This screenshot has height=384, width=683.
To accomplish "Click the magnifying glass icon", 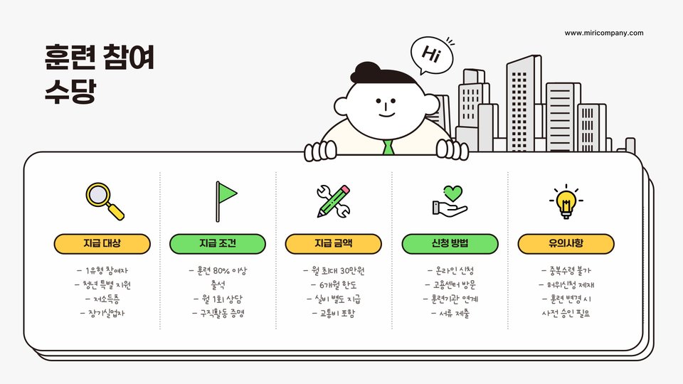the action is (x=104, y=201).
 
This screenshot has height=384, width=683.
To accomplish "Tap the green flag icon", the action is (x=225, y=201).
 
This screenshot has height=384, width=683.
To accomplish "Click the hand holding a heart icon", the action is (x=450, y=201).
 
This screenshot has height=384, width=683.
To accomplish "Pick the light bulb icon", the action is (x=566, y=201).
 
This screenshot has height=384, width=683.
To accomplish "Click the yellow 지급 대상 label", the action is (x=102, y=244).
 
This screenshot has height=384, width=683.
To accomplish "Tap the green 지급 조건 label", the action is (x=218, y=244).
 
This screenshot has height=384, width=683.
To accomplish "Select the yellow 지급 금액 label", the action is (x=334, y=244).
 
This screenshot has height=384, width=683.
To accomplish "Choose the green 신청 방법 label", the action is (x=450, y=244).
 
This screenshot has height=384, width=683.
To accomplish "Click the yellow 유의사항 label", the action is (x=566, y=244).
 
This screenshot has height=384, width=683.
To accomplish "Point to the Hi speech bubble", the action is (x=430, y=55).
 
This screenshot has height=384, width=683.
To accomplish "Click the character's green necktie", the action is (x=388, y=148).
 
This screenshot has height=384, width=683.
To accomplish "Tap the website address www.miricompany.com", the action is (x=604, y=33).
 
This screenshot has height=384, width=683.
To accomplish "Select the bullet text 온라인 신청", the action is (x=450, y=271).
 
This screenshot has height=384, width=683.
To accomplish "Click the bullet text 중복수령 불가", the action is (x=566, y=271).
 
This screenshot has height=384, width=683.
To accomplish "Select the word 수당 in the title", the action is (x=69, y=92).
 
